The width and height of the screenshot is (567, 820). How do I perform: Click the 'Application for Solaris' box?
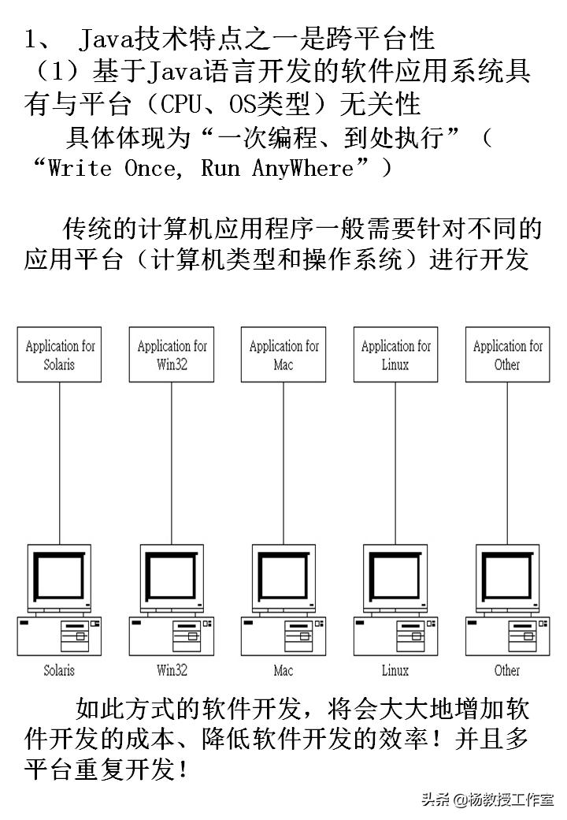pyautogui.click(x=60, y=355)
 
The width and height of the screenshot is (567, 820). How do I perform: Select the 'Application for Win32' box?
pyautogui.click(x=172, y=355)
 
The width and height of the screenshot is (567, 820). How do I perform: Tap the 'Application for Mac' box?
pyautogui.click(x=283, y=355)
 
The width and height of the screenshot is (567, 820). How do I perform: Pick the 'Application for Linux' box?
pyautogui.click(x=395, y=355)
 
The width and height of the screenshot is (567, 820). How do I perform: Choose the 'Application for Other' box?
pyautogui.click(x=507, y=355)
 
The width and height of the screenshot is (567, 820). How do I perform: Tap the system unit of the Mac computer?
pyautogui.click(x=283, y=635)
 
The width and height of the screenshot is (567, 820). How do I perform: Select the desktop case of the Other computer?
pyautogui.click(x=507, y=635)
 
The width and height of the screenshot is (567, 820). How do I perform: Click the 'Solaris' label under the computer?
pyautogui.click(x=60, y=671)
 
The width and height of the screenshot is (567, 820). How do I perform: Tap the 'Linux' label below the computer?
pyautogui.click(x=395, y=671)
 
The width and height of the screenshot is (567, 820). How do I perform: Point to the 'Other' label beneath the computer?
pyautogui.click(x=507, y=671)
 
